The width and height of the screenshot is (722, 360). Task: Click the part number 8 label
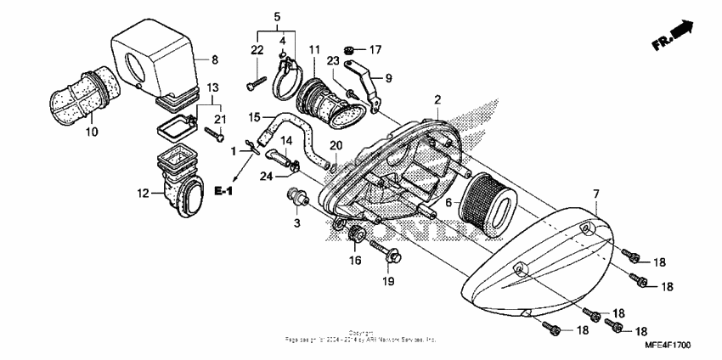pyautogui.click(x=215, y=59)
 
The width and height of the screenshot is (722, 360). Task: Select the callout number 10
pyautogui.click(x=93, y=132)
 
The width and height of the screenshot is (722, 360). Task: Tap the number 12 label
pyautogui.click(x=143, y=194)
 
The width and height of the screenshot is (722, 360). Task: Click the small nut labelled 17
pyautogui.click(x=349, y=48)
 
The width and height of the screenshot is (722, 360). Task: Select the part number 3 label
pyautogui.click(x=297, y=222)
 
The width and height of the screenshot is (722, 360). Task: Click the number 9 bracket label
pyautogui.click(x=388, y=78)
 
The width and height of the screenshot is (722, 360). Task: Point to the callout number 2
pyautogui.click(x=437, y=100)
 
